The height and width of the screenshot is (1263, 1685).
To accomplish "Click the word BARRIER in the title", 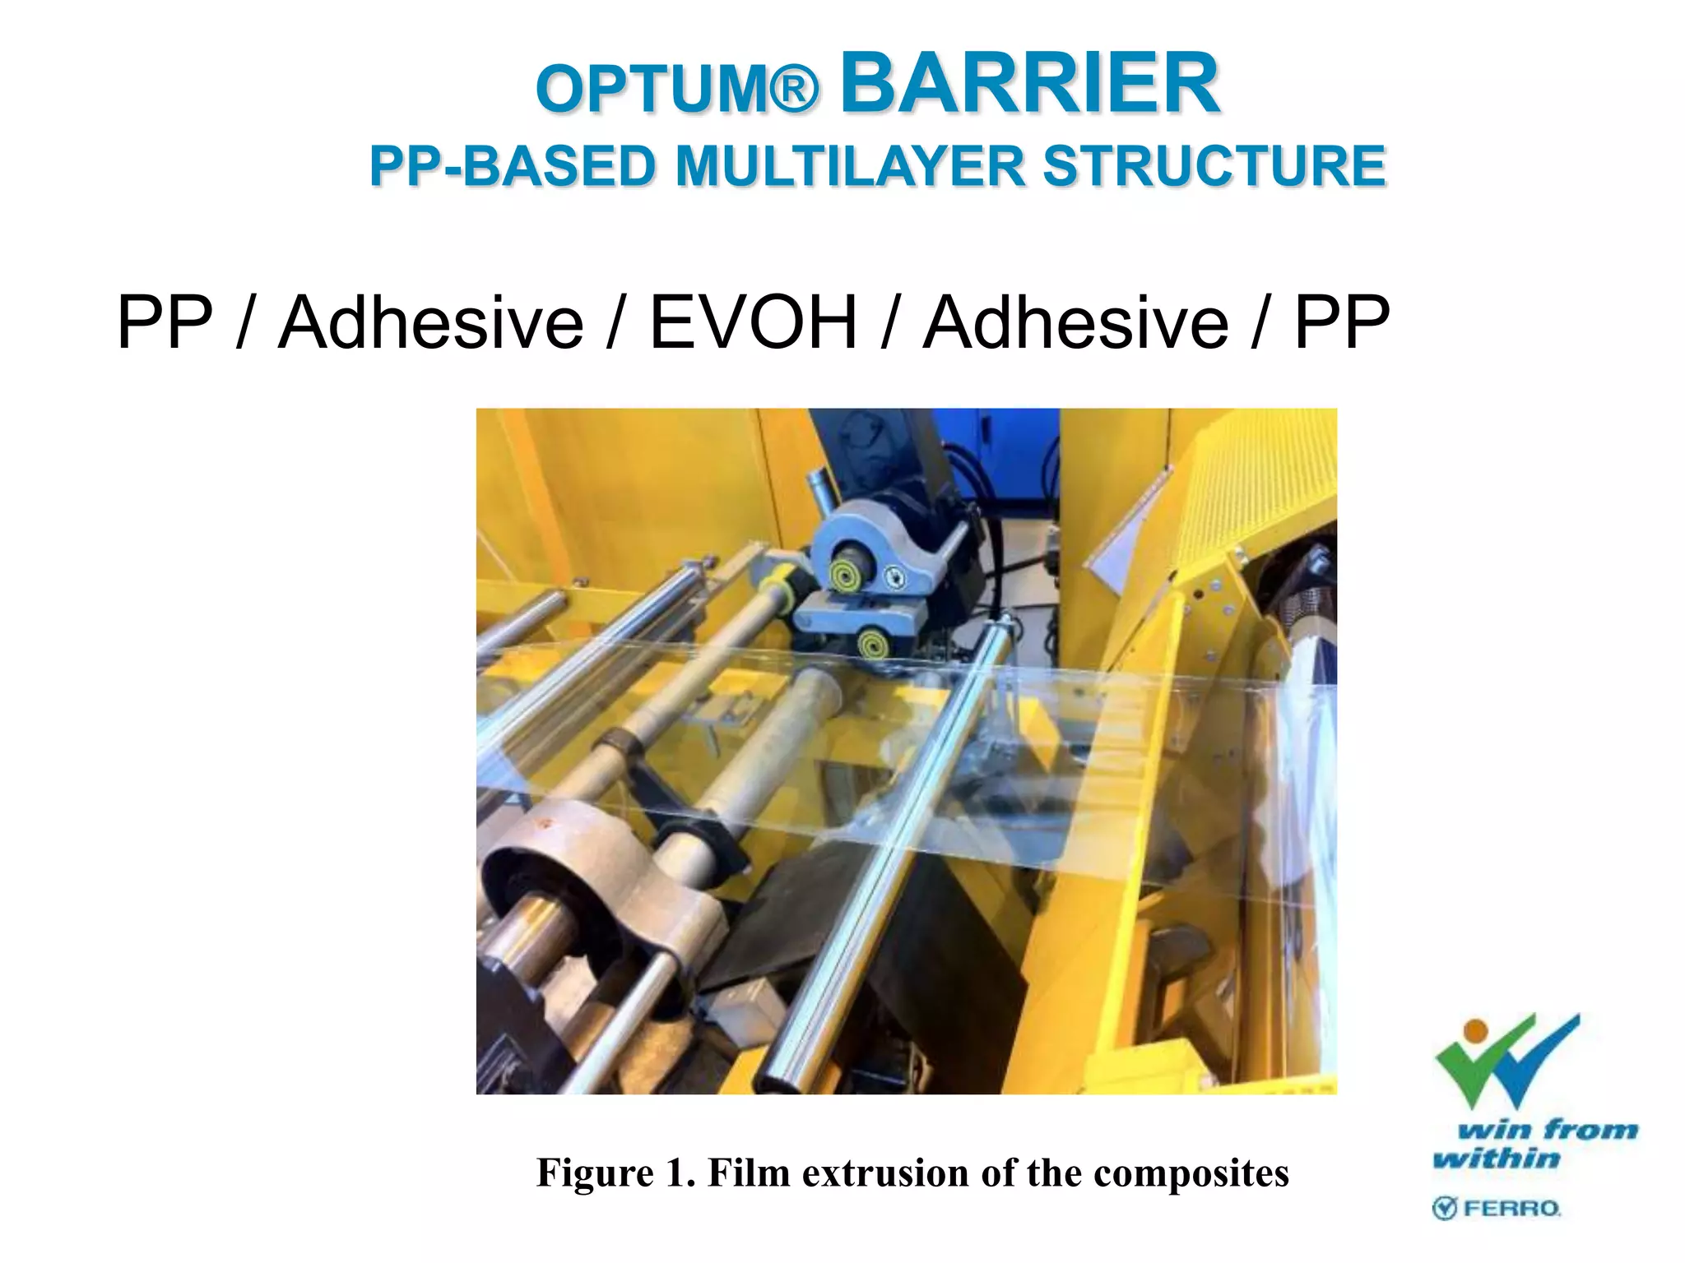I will (x=1029, y=84).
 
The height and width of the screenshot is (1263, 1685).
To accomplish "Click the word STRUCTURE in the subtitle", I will (x=1214, y=166).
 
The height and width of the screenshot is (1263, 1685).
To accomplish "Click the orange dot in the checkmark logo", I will (x=1476, y=1030).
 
